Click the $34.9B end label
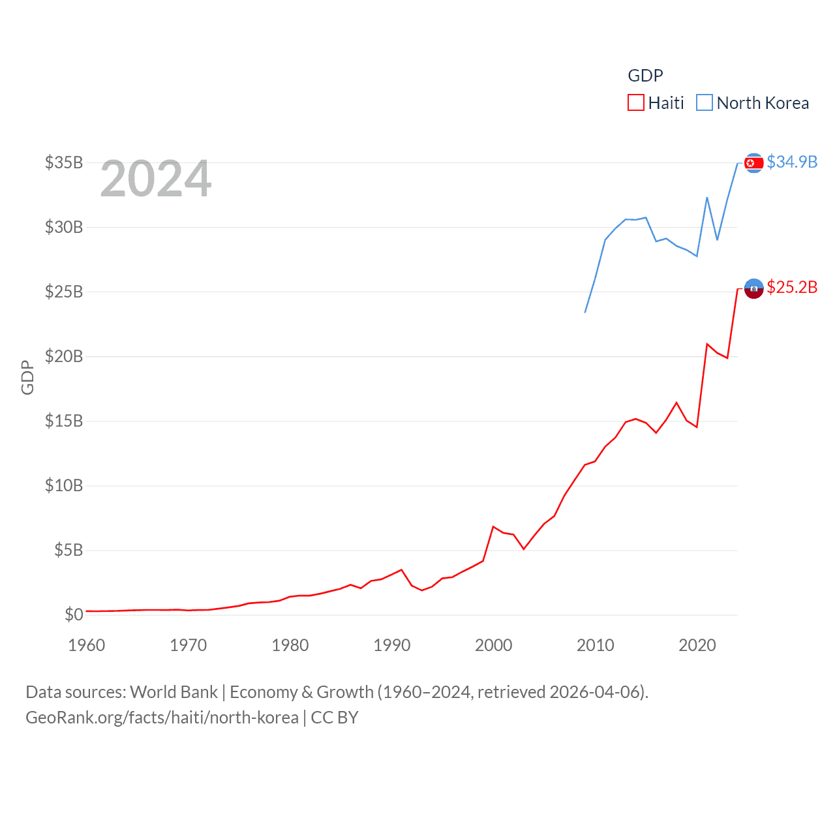pos(792,162)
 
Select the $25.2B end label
pos(792,287)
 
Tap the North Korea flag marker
pos(753,162)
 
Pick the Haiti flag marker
pos(753,288)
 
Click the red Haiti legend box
pos(635,103)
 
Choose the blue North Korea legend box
pos(705,103)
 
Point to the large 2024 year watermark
pos(156,179)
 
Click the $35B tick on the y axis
pos(64,162)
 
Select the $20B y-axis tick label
pos(64,356)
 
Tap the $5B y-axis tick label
pos(68,550)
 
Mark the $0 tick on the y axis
pos(74,615)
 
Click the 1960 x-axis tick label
pos(87,645)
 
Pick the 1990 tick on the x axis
pos(392,645)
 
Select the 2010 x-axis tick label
pos(596,645)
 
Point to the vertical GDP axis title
pos(27,377)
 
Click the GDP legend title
pos(645,76)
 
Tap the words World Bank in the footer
pos(174,692)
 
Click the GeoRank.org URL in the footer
pos(162,718)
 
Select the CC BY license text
pos(335,718)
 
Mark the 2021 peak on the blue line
pos(707,198)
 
